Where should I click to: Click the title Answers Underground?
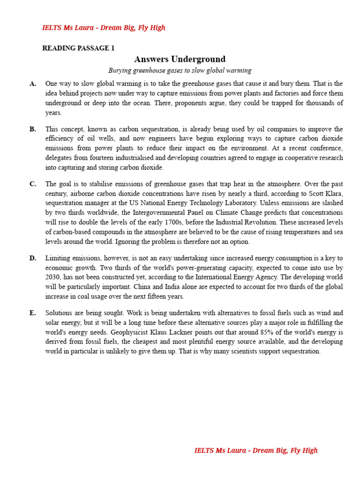(180, 59)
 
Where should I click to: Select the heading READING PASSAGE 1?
(78, 48)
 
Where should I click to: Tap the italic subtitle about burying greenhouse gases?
(180, 70)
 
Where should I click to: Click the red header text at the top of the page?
(104, 28)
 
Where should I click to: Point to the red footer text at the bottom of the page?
(256, 450)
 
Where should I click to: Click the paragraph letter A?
(33, 84)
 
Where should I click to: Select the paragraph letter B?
(33, 129)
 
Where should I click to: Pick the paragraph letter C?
(33, 184)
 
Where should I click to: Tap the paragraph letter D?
(33, 258)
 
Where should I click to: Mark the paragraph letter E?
(33, 313)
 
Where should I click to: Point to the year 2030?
(53, 277)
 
